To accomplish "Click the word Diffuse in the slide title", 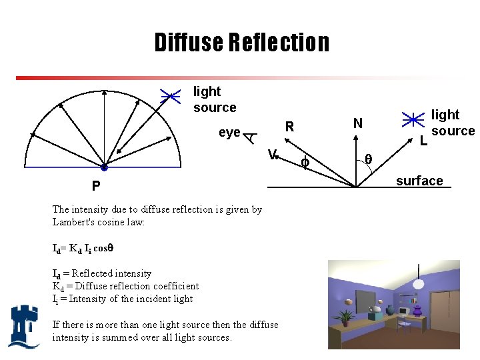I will (x=189, y=42).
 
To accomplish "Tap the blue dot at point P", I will (x=104, y=167).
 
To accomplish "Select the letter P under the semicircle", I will (x=97, y=185).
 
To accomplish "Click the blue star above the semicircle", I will (x=171, y=96).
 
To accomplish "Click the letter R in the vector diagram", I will (x=289, y=126).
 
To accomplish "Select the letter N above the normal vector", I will (x=358, y=123).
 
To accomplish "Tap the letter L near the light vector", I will (x=423, y=141).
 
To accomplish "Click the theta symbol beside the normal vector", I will (x=368, y=159).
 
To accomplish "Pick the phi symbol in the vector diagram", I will (x=305, y=162).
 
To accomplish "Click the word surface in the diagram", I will (x=419, y=181).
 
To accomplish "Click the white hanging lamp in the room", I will (x=419, y=283).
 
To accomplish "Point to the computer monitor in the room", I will (x=403, y=311).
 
